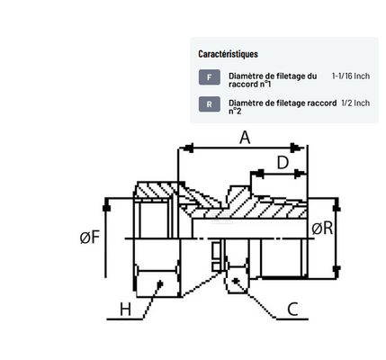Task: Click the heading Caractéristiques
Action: pos(228,54)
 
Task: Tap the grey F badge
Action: pos(210,77)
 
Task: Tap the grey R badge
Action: pos(210,104)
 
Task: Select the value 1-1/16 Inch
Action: pos(351,76)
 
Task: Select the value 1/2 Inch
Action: pos(355,103)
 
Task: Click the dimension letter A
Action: pos(245,138)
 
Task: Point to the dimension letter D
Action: pos(283,163)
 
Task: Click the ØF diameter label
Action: pos(90,238)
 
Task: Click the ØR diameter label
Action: pos(322,229)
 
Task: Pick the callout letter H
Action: pos(125,309)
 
